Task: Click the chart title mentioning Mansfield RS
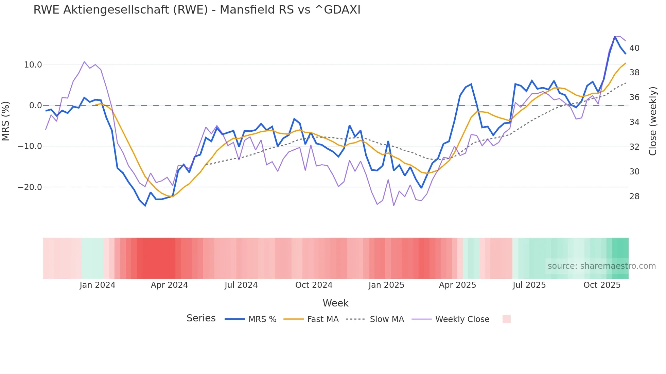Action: click(x=197, y=10)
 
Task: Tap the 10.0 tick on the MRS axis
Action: click(x=33, y=65)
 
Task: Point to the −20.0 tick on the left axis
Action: click(x=30, y=187)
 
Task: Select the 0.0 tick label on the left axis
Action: click(x=35, y=106)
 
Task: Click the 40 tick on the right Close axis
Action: click(x=634, y=48)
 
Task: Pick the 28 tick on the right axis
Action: click(x=634, y=197)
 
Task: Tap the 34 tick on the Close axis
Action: click(x=634, y=122)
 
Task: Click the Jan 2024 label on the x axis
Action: click(x=98, y=285)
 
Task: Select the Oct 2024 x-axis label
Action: click(x=314, y=285)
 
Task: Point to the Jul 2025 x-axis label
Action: click(x=529, y=285)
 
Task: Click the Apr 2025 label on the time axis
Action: click(x=457, y=285)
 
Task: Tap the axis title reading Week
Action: click(x=335, y=303)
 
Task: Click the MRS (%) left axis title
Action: click(x=6, y=121)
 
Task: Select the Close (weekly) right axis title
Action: click(x=653, y=121)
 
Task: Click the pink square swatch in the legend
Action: click(x=506, y=319)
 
